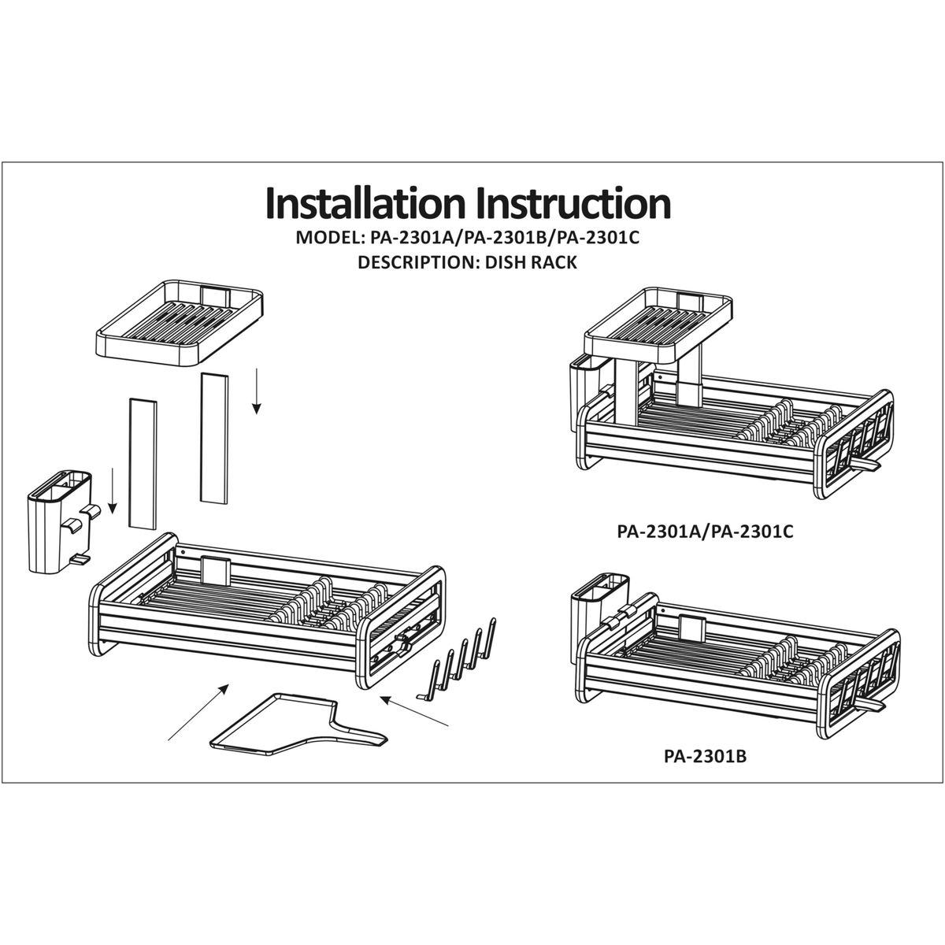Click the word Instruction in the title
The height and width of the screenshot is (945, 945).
point(574,202)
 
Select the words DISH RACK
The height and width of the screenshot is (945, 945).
point(531,262)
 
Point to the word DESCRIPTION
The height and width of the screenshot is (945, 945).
point(418,262)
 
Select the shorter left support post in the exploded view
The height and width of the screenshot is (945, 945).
point(143,464)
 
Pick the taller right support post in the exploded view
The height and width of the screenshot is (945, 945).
point(214,438)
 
